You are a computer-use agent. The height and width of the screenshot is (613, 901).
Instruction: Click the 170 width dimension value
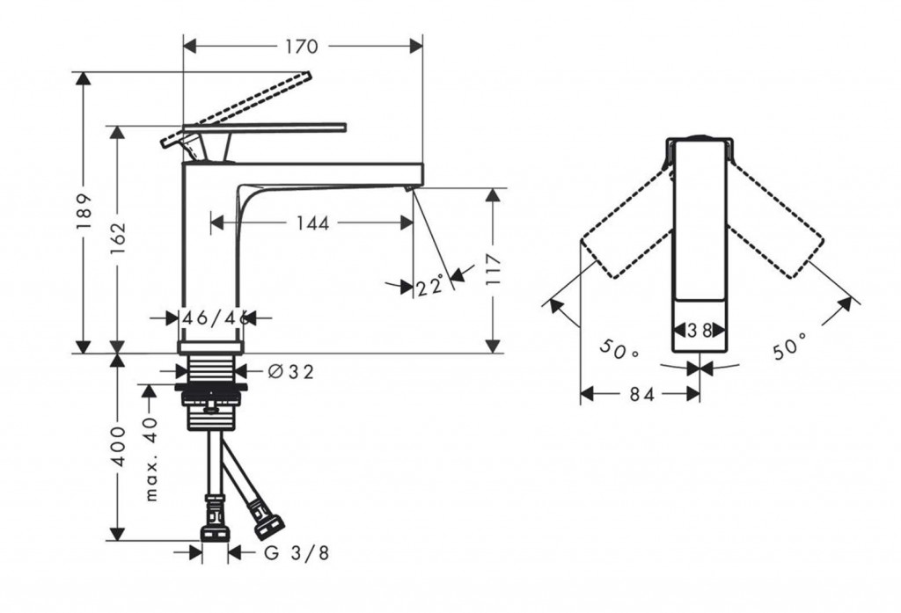[302, 46]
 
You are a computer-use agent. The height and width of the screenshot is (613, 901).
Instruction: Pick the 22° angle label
[429, 285]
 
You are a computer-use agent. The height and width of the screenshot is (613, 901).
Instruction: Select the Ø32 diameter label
[291, 372]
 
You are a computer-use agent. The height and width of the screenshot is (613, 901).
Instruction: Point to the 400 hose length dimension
[119, 447]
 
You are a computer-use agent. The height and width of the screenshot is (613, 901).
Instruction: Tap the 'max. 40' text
[150, 459]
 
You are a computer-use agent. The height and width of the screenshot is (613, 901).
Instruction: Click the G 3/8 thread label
[297, 553]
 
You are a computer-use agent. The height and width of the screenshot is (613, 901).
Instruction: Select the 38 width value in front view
[700, 331]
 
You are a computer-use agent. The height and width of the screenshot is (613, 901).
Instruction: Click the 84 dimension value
[641, 394]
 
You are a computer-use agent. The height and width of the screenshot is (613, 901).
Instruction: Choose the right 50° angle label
[790, 347]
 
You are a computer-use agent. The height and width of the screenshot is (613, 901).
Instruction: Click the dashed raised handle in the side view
[236, 109]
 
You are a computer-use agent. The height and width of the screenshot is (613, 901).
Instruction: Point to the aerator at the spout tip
[409, 188]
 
